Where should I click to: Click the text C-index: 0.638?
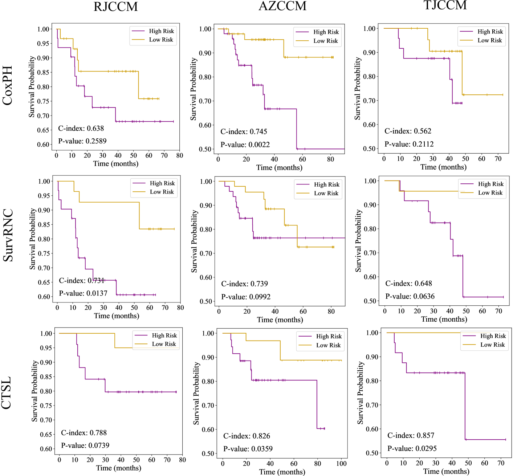81,129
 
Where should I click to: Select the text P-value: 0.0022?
245,145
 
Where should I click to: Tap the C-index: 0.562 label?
408,131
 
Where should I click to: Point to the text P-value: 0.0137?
83,293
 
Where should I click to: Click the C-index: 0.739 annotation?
244,284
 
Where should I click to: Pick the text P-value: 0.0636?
410,297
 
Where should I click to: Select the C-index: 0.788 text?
84,433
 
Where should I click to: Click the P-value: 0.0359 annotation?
248,449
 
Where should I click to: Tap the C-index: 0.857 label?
411,436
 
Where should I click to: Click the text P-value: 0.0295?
412,449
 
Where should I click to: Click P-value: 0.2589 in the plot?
82,141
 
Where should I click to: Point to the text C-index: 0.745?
244,132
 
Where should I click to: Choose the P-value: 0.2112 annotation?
409,145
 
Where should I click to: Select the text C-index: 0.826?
247,436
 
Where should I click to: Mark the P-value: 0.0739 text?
85,446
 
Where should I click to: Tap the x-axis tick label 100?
341,464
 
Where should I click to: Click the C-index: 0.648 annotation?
408,284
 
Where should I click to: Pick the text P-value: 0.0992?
246,297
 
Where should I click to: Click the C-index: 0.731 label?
82,281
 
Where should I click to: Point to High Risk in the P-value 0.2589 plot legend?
161,31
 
